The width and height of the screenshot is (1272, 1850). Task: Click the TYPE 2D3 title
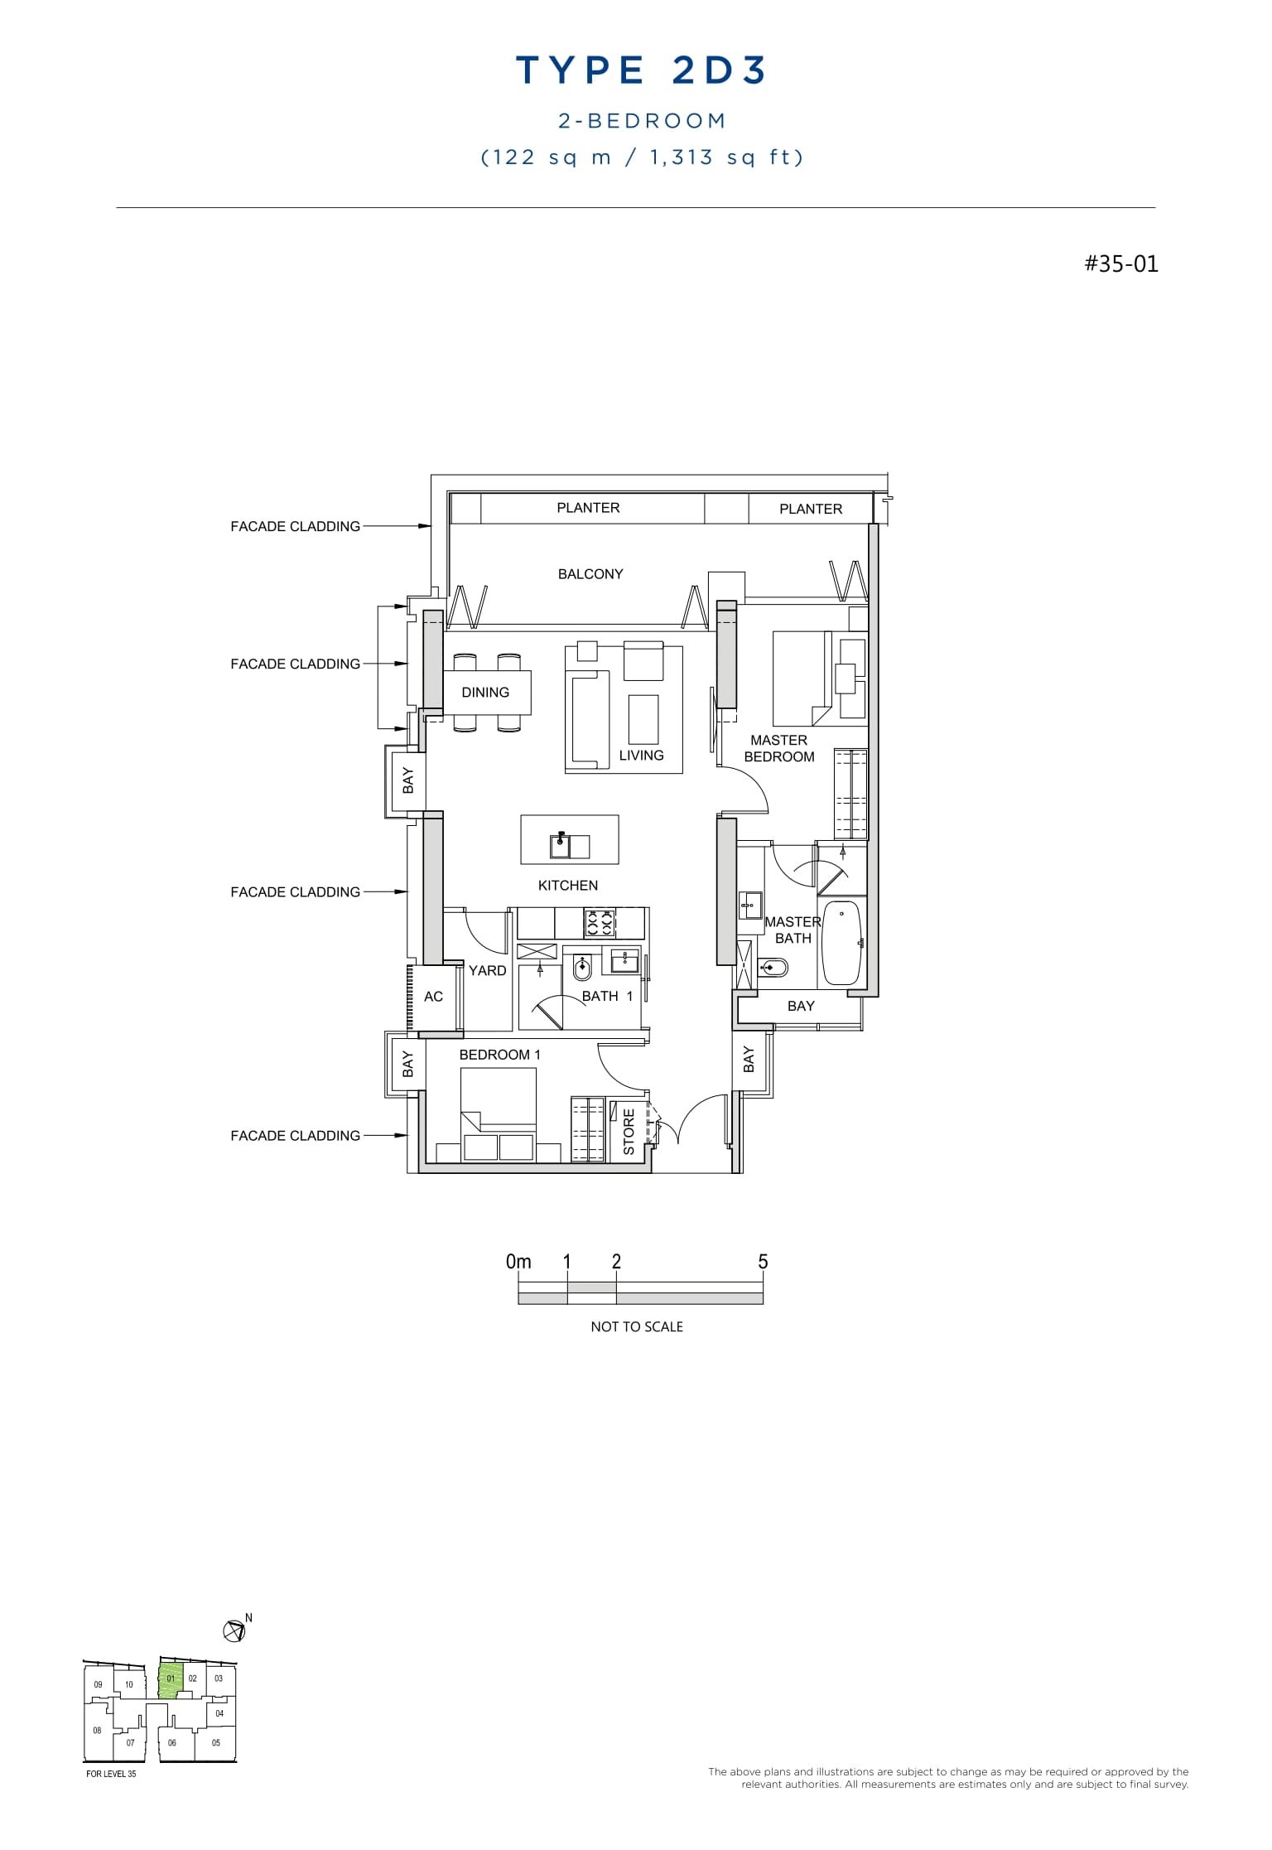coord(641,71)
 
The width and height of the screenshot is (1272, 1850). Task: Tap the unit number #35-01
coord(1121,264)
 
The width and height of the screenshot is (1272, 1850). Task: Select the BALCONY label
coord(590,574)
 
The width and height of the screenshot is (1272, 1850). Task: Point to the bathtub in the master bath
coord(841,943)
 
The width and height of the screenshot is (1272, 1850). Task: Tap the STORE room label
coord(629,1132)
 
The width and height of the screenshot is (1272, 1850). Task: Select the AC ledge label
coord(433,997)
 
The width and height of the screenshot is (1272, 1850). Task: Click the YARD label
coord(487,971)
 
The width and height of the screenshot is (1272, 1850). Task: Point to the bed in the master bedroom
coord(801,678)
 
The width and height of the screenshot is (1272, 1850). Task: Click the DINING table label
coord(485,693)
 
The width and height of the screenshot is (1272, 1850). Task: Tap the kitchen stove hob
coord(600,922)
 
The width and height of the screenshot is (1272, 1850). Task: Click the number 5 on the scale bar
coord(763,1262)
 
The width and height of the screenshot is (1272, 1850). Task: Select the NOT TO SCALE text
coord(636,1326)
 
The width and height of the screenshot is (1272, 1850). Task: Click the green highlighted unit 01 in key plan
coord(171,1680)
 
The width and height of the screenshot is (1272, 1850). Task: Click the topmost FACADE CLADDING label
coord(295,527)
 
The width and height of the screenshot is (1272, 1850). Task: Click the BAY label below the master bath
coord(800,1006)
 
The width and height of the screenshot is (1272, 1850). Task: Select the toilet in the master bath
coord(775,967)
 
